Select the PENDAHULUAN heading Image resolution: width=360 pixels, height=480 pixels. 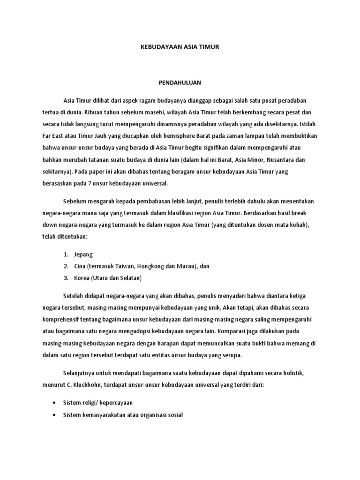[x=180, y=82]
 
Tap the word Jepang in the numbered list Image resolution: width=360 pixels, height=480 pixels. [x=83, y=254]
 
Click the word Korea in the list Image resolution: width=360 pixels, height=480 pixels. [x=82, y=278]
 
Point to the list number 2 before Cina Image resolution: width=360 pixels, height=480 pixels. [x=66, y=266]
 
